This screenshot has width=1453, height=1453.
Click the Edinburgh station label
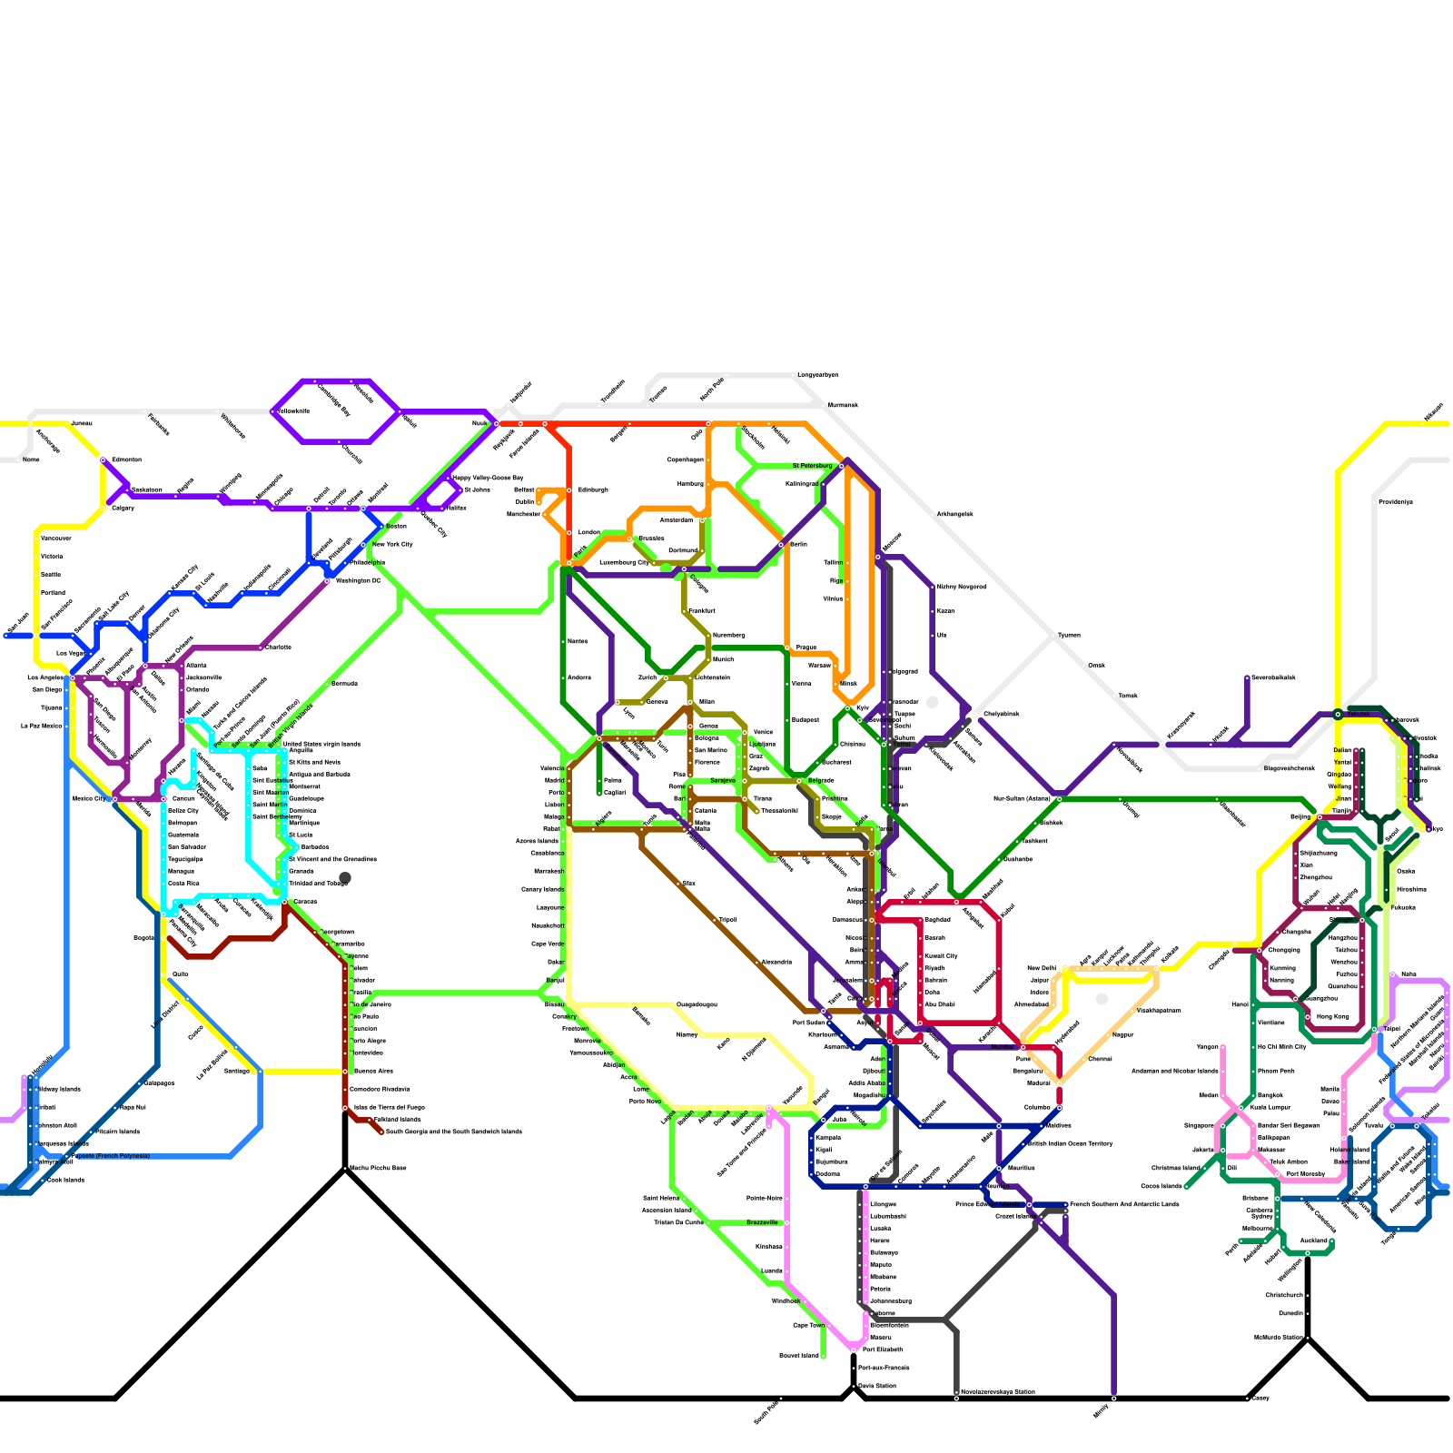coord(593,489)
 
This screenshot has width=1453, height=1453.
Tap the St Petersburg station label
coord(812,466)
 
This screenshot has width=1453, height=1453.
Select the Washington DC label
coord(358,580)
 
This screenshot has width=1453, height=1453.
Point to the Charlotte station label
coord(278,647)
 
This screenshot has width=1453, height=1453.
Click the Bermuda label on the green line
coord(344,684)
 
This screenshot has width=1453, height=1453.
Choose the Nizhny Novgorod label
coord(961,587)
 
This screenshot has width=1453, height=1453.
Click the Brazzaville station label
coord(762,1222)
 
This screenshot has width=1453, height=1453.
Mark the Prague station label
coord(806,647)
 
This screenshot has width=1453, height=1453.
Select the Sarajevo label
coord(723,780)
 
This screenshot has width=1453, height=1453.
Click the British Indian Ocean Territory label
coord(1070,1143)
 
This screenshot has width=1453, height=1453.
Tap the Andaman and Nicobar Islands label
coord(1174,1071)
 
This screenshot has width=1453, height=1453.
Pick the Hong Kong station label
coord(1332,1016)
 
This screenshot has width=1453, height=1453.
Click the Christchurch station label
coord(1284,1295)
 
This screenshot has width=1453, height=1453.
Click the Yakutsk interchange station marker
coord(1338,715)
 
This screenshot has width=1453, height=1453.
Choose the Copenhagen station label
coord(686,460)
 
